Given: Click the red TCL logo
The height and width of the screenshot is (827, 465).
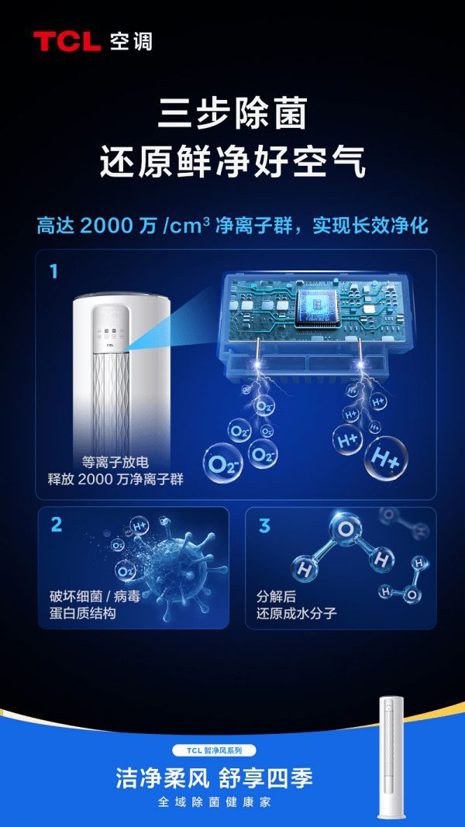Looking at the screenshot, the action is (x=67, y=42).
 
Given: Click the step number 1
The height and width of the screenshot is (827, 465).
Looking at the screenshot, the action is (x=53, y=271).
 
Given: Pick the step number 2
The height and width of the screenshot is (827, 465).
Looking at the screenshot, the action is (x=56, y=525).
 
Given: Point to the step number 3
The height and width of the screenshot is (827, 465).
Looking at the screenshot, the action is (x=264, y=525).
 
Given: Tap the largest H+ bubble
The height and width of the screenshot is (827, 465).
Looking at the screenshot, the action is (x=386, y=460).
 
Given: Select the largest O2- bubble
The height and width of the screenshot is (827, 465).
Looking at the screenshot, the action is (x=222, y=463).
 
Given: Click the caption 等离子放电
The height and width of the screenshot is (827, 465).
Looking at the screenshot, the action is (x=115, y=463).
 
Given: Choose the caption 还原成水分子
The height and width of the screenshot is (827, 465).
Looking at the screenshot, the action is (x=296, y=613).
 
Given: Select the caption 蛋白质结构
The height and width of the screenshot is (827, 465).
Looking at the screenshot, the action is (x=82, y=613).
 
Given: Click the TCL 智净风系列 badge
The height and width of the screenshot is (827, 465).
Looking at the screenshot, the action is (x=215, y=750).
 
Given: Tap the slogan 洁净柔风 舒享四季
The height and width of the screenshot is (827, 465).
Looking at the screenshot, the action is (x=215, y=778).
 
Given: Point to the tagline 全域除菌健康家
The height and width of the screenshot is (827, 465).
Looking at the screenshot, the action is (x=215, y=802).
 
